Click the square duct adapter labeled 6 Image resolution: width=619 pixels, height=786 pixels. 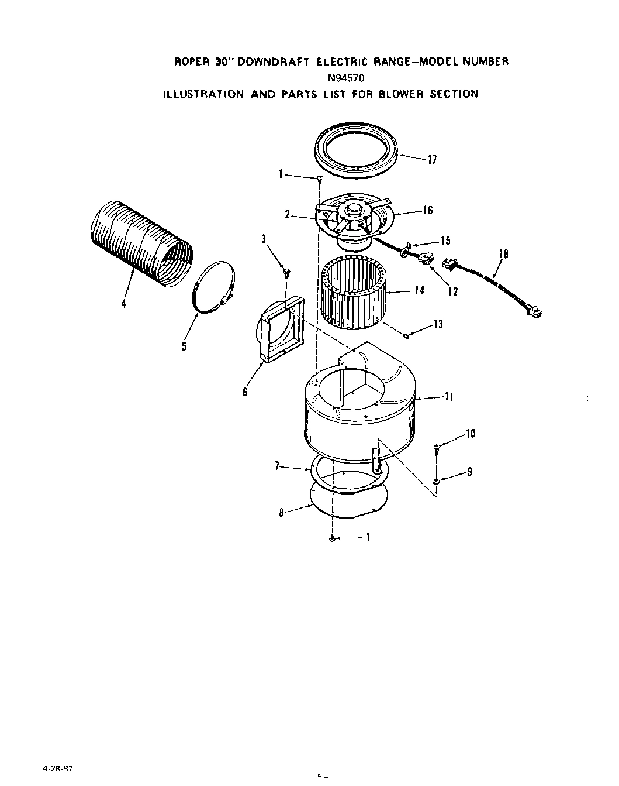click(279, 331)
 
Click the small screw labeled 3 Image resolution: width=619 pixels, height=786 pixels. click(286, 270)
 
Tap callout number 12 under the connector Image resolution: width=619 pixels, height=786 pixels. click(453, 291)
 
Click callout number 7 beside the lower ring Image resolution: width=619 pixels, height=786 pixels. click(276, 466)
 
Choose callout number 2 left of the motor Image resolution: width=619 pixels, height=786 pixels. click(288, 215)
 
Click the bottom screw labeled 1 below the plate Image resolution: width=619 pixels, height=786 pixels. click(332, 538)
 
